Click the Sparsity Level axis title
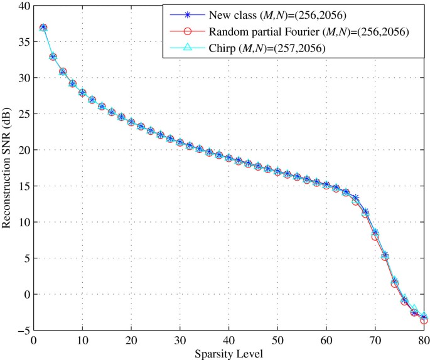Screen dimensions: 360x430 pos(229,353)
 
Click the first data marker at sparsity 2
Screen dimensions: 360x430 pos(43,28)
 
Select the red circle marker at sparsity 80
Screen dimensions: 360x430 pos(424,320)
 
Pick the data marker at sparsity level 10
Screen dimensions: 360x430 pos(82,93)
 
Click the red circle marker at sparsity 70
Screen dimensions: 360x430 pos(375,236)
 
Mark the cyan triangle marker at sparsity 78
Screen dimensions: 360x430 pos(414,308)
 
